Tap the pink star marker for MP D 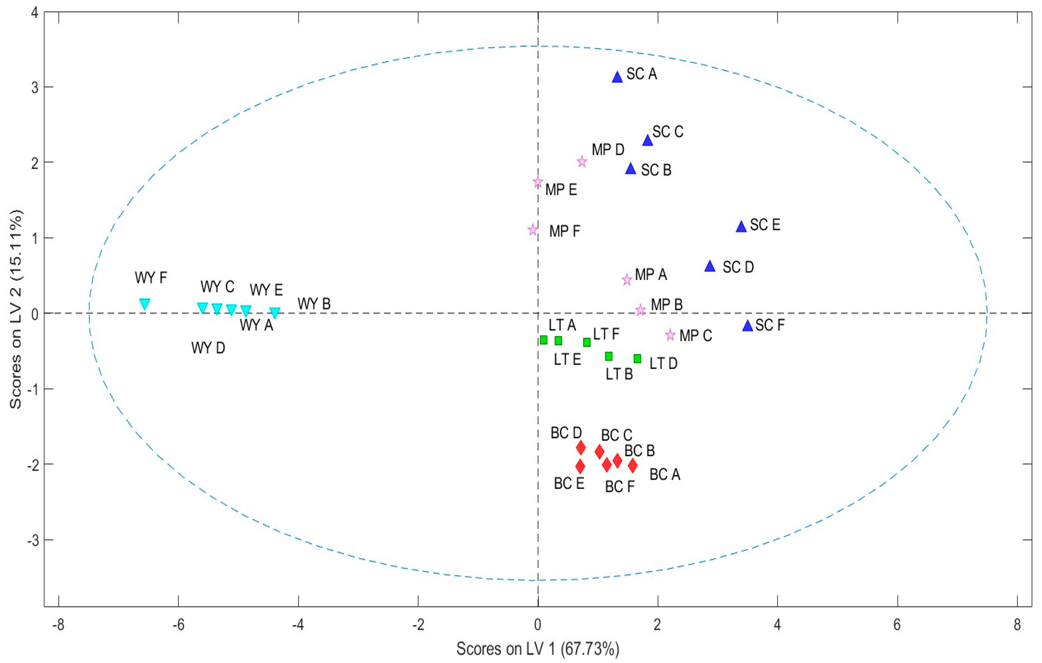pyautogui.click(x=582, y=162)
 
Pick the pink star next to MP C pyautogui.click(x=670, y=334)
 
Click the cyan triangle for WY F pyautogui.click(x=144, y=303)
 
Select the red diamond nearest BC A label pyautogui.click(x=633, y=466)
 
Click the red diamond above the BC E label pyautogui.click(x=580, y=466)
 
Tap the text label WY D pyautogui.click(x=208, y=348)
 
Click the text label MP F pyautogui.click(x=564, y=232)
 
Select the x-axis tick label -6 pyautogui.click(x=178, y=625)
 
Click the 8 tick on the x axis pyautogui.click(x=1017, y=625)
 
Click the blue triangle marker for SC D pyautogui.click(x=710, y=267)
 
